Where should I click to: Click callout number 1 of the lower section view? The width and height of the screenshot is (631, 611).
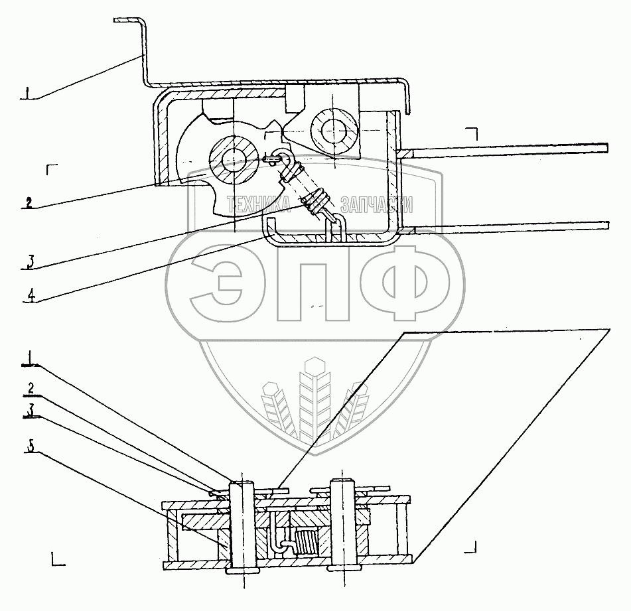pos(30,358)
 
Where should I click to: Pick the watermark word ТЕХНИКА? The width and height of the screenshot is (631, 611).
pos(259,205)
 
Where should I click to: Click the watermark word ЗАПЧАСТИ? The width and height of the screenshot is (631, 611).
pos(376,205)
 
